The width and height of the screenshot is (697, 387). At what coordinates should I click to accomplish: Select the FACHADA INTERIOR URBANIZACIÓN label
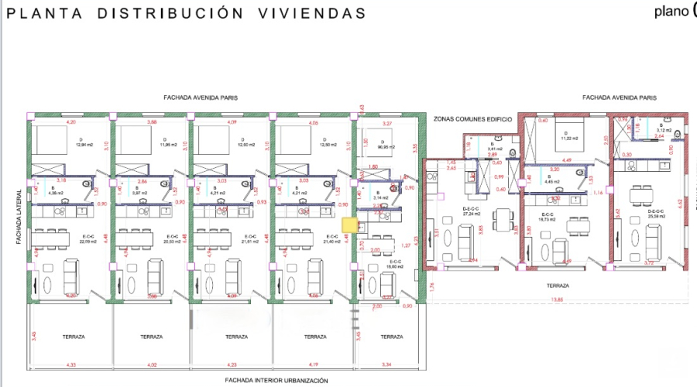click(x=276, y=380)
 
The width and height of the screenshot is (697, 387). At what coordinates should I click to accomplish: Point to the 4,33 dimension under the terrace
click(x=71, y=364)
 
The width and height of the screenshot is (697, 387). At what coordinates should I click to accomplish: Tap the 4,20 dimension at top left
click(x=71, y=122)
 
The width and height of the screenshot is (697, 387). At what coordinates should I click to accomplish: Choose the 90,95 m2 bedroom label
click(x=385, y=146)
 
